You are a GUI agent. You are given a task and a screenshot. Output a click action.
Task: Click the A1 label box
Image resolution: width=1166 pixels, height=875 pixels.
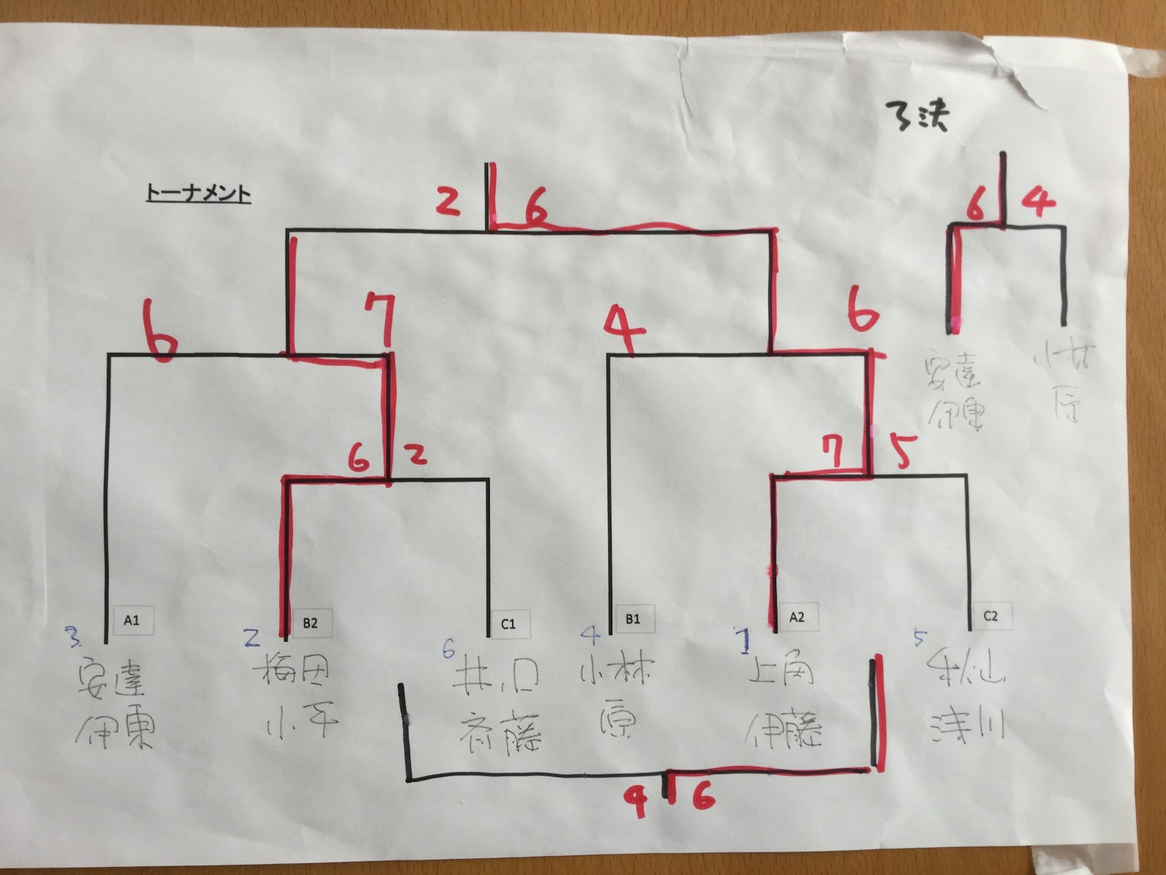pyautogui.click(x=132, y=621)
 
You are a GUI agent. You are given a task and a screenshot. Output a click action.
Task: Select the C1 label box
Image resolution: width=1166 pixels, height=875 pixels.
pyautogui.click(x=509, y=623)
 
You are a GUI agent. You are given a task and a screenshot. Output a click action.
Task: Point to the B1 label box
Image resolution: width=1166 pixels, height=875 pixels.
pyautogui.click(x=633, y=619)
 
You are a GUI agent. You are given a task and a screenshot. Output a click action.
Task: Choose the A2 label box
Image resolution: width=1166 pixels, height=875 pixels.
pyautogui.click(x=797, y=617)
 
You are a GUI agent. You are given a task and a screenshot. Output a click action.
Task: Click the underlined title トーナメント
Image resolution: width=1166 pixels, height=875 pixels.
pyautogui.click(x=198, y=194)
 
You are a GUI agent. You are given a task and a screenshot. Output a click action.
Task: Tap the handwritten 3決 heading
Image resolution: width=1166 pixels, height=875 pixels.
pyautogui.click(x=917, y=116)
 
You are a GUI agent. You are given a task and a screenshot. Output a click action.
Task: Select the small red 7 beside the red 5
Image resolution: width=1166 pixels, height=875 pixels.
pyautogui.click(x=833, y=452)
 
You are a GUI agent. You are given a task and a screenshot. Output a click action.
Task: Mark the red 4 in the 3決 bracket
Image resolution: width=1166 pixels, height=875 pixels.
pyautogui.click(x=1038, y=200)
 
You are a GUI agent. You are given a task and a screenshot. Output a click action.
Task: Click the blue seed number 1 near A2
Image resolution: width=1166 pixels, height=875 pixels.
pyautogui.click(x=744, y=641)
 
